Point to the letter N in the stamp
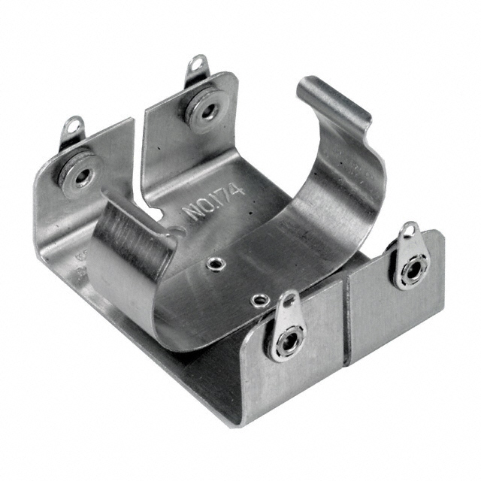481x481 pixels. [x=192, y=211]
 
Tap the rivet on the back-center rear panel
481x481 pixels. [x=205, y=110]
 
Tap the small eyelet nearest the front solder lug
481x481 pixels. [x=259, y=300]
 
